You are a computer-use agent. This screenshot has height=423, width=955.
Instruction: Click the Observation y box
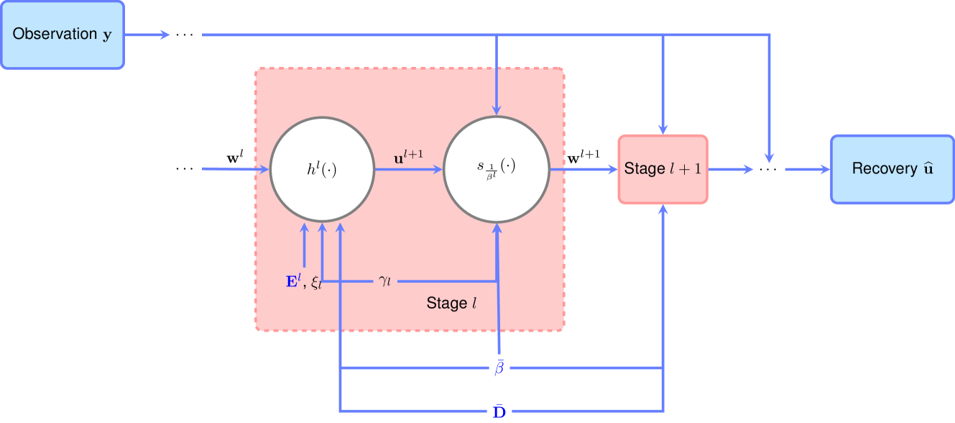coord(63,35)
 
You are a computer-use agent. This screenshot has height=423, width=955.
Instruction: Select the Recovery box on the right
coord(892,169)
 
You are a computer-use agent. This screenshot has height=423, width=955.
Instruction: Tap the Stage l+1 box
coord(663,170)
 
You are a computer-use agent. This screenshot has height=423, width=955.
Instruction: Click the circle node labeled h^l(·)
coord(322,170)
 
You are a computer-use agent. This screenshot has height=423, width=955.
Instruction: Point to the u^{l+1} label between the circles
coord(409,155)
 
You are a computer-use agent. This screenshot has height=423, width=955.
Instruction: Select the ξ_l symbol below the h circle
coord(316,283)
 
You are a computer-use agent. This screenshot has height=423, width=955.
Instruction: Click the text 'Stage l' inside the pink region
coord(452,304)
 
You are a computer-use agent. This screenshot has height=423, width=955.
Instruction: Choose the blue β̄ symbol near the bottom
coord(499,368)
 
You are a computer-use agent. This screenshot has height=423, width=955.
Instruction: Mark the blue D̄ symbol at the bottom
coord(499,412)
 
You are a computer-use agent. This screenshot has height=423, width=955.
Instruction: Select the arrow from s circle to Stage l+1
coord(583,170)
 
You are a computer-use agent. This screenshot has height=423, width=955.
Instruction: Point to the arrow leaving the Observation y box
coord(147,35)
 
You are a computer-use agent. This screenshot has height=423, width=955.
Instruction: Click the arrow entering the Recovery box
coord(808,170)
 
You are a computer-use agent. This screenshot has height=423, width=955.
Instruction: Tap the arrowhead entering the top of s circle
coord(497,109)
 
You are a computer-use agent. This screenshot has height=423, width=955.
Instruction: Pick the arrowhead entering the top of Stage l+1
coord(663,129)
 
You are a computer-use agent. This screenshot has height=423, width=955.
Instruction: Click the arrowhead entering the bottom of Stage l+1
coord(663,210)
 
